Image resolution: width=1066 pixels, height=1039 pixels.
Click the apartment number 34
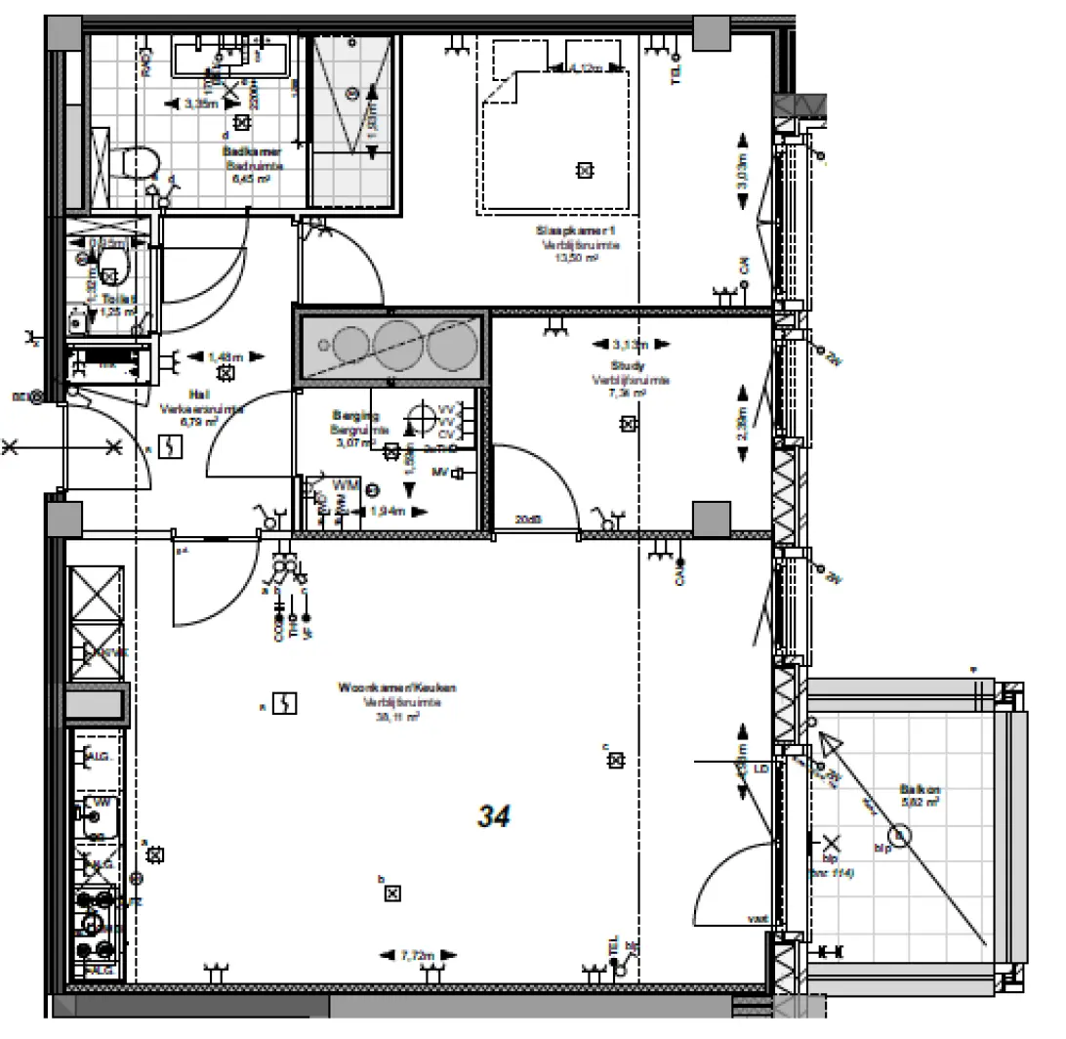point(494,816)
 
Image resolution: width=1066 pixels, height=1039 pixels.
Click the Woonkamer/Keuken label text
point(396,688)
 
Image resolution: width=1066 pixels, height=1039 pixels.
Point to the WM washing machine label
point(346,485)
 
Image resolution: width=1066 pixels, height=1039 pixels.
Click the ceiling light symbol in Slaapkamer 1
point(584,171)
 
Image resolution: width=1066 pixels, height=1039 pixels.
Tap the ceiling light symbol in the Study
point(628,424)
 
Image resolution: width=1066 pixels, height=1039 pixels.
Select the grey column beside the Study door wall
point(712,518)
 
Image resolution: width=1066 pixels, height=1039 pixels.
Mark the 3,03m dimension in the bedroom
point(742,174)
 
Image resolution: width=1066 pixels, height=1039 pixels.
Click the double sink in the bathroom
point(231,56)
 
